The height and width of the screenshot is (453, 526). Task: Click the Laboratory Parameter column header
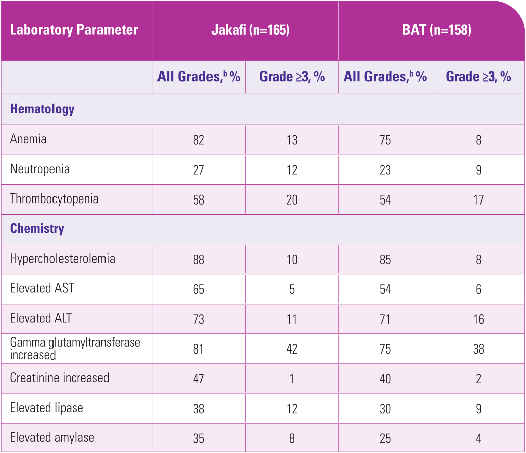coord(74,30)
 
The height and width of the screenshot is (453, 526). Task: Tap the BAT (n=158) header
coord(432,30)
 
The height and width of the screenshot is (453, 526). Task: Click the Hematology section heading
coord(42,109)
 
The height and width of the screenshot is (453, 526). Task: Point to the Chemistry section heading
coord(37,228)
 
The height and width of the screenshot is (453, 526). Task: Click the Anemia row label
coord(28,139)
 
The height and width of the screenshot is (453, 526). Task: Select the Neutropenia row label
coord(40,169)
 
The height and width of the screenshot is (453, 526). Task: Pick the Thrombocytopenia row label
coord(54,198)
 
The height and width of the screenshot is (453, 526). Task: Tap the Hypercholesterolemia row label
coord(63,259)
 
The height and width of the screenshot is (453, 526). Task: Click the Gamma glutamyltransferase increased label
coord(75,348)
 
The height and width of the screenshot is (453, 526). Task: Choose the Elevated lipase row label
coord(46,408)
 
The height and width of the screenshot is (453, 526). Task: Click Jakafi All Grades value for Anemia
coord(198,140)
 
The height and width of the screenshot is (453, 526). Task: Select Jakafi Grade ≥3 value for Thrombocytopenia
coord(292,199)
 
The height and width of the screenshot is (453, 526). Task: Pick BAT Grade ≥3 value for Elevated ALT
coord(478,319)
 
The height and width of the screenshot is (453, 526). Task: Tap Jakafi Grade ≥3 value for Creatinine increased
coord(292,379)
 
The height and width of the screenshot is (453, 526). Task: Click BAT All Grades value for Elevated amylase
coord(385,438)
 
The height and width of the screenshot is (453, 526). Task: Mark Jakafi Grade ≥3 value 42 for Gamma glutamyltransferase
coord(292,349)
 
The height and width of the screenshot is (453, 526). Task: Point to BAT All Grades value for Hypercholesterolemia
coord(385,260)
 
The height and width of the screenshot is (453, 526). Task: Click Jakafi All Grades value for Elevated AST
coord(198,289)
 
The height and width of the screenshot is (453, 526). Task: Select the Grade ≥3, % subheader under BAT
coord(478,77)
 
